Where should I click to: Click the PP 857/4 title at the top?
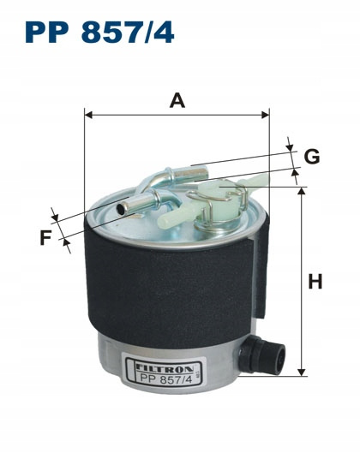[99, 32]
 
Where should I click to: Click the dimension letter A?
[177, 101]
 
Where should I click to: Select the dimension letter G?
[312, 157]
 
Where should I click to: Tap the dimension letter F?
[45, 237]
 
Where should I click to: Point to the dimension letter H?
[315, 282]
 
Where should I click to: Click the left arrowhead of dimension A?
[88, 115]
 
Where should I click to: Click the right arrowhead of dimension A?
[266, 115]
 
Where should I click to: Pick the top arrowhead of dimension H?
[302, 191]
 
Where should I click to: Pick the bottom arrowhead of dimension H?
[302, 373]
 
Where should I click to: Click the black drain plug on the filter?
[262, 355]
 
